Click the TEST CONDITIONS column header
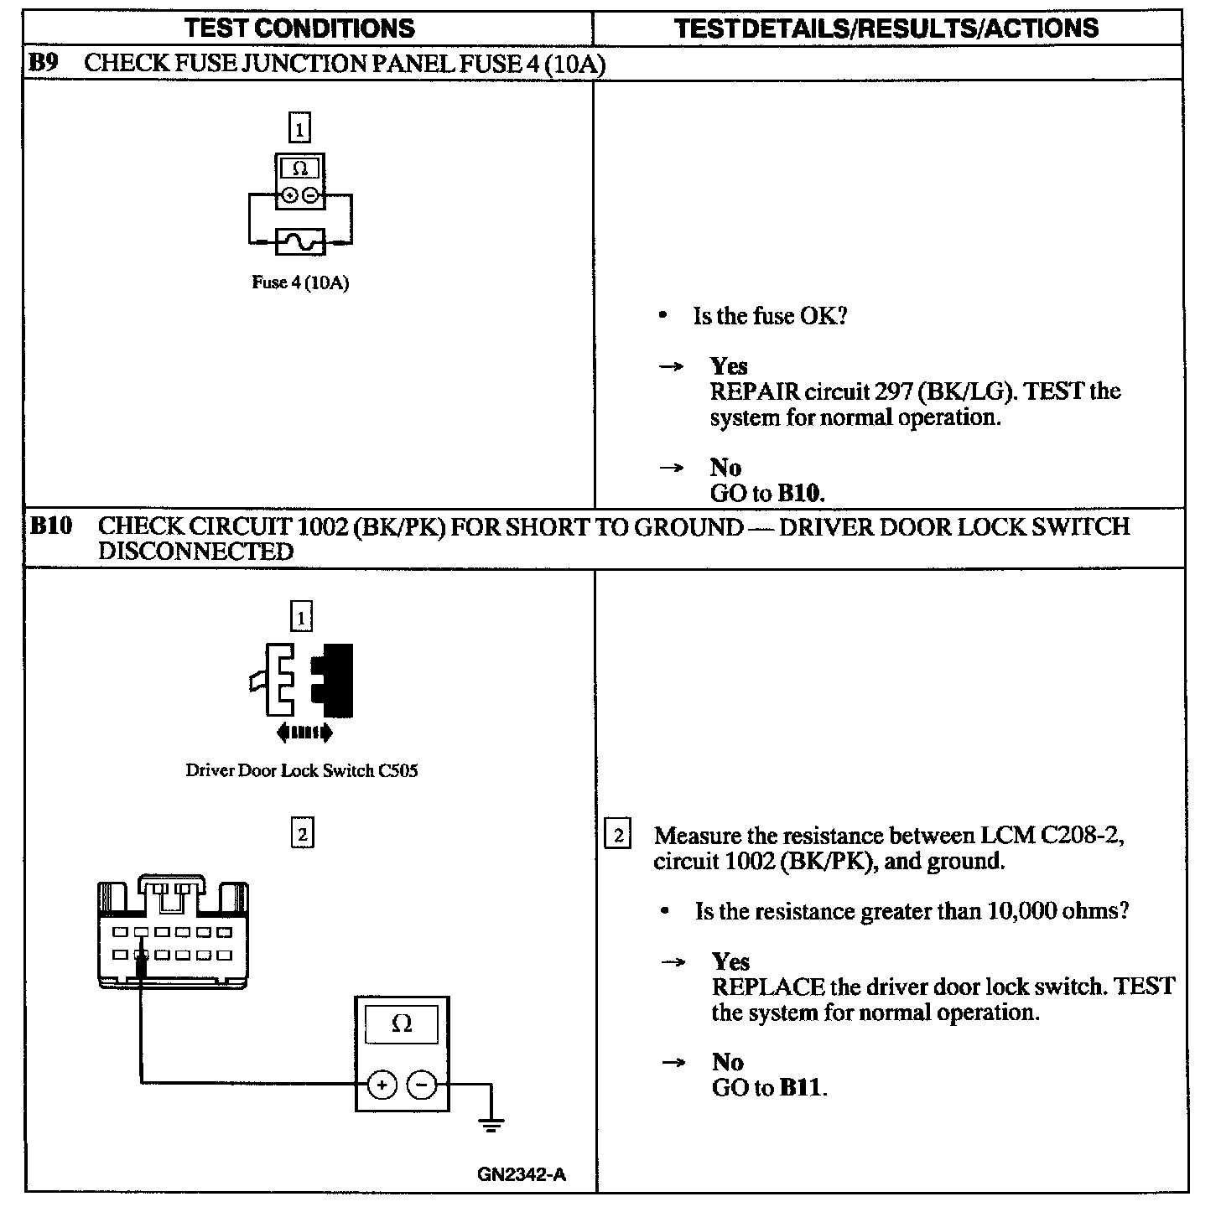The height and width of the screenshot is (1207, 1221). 299,28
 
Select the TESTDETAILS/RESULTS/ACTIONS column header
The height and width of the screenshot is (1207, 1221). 886,28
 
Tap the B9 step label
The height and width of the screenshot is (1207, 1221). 43,63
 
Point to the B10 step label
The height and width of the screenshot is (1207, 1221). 51,526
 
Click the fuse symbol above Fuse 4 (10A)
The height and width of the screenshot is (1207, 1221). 300,242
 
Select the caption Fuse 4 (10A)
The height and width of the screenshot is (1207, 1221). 300,282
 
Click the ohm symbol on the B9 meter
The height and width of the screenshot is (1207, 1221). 300,168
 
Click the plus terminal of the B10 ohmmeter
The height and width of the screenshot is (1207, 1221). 382,1086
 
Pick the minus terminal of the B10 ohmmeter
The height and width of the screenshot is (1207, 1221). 422,1086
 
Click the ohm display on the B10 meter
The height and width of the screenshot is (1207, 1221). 402,1023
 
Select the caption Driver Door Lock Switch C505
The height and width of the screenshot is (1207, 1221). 301,770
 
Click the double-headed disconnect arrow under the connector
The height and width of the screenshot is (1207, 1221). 304,733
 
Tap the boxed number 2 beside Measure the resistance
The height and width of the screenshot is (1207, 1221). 617,836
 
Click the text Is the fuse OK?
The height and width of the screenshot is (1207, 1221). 770,316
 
